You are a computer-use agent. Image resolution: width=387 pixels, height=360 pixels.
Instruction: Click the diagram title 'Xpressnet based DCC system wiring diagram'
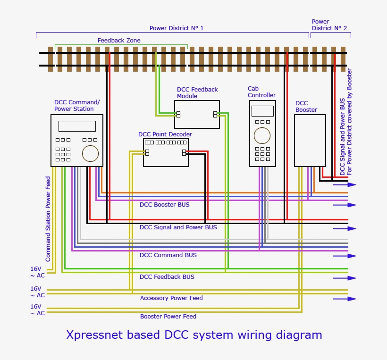click(194, 335)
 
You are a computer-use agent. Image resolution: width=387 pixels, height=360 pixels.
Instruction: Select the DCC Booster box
click(310, 141)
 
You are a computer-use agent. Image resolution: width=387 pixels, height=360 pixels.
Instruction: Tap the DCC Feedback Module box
click(197, 114)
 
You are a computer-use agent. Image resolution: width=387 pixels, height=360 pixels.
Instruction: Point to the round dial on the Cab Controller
click(262, 135)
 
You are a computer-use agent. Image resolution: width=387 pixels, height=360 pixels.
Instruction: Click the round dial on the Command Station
click(90, 154)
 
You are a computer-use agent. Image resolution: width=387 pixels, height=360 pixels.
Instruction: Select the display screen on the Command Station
click(77, 126)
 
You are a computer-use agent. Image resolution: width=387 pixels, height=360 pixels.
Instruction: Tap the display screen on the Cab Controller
click(262, 111)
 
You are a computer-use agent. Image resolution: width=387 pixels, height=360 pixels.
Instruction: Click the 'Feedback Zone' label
click(119, 41)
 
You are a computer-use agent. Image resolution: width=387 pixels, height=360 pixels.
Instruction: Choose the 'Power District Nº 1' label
click(177, 28)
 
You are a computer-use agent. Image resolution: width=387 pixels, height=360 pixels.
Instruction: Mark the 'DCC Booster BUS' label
click(165, 205)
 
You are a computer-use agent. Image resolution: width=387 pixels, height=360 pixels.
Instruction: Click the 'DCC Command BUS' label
click(168, 255)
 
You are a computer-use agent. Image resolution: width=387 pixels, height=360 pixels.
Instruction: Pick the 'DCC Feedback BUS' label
click(167, 277)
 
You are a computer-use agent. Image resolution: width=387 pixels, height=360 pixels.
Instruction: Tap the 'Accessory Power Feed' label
click(171, 298)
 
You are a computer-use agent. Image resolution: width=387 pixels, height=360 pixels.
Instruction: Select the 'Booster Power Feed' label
click(168, 317)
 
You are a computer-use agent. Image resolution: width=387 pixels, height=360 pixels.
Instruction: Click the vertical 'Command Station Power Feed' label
click(48, 219)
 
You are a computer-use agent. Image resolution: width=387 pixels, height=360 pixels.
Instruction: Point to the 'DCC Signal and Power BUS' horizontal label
click(178, 227)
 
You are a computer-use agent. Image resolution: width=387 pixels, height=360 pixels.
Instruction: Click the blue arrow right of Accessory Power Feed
click(345, 299)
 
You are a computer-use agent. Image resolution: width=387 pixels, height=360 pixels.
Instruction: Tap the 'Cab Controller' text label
click(261, 92)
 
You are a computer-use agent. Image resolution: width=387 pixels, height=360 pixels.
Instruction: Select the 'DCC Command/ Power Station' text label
click(76, 106)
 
